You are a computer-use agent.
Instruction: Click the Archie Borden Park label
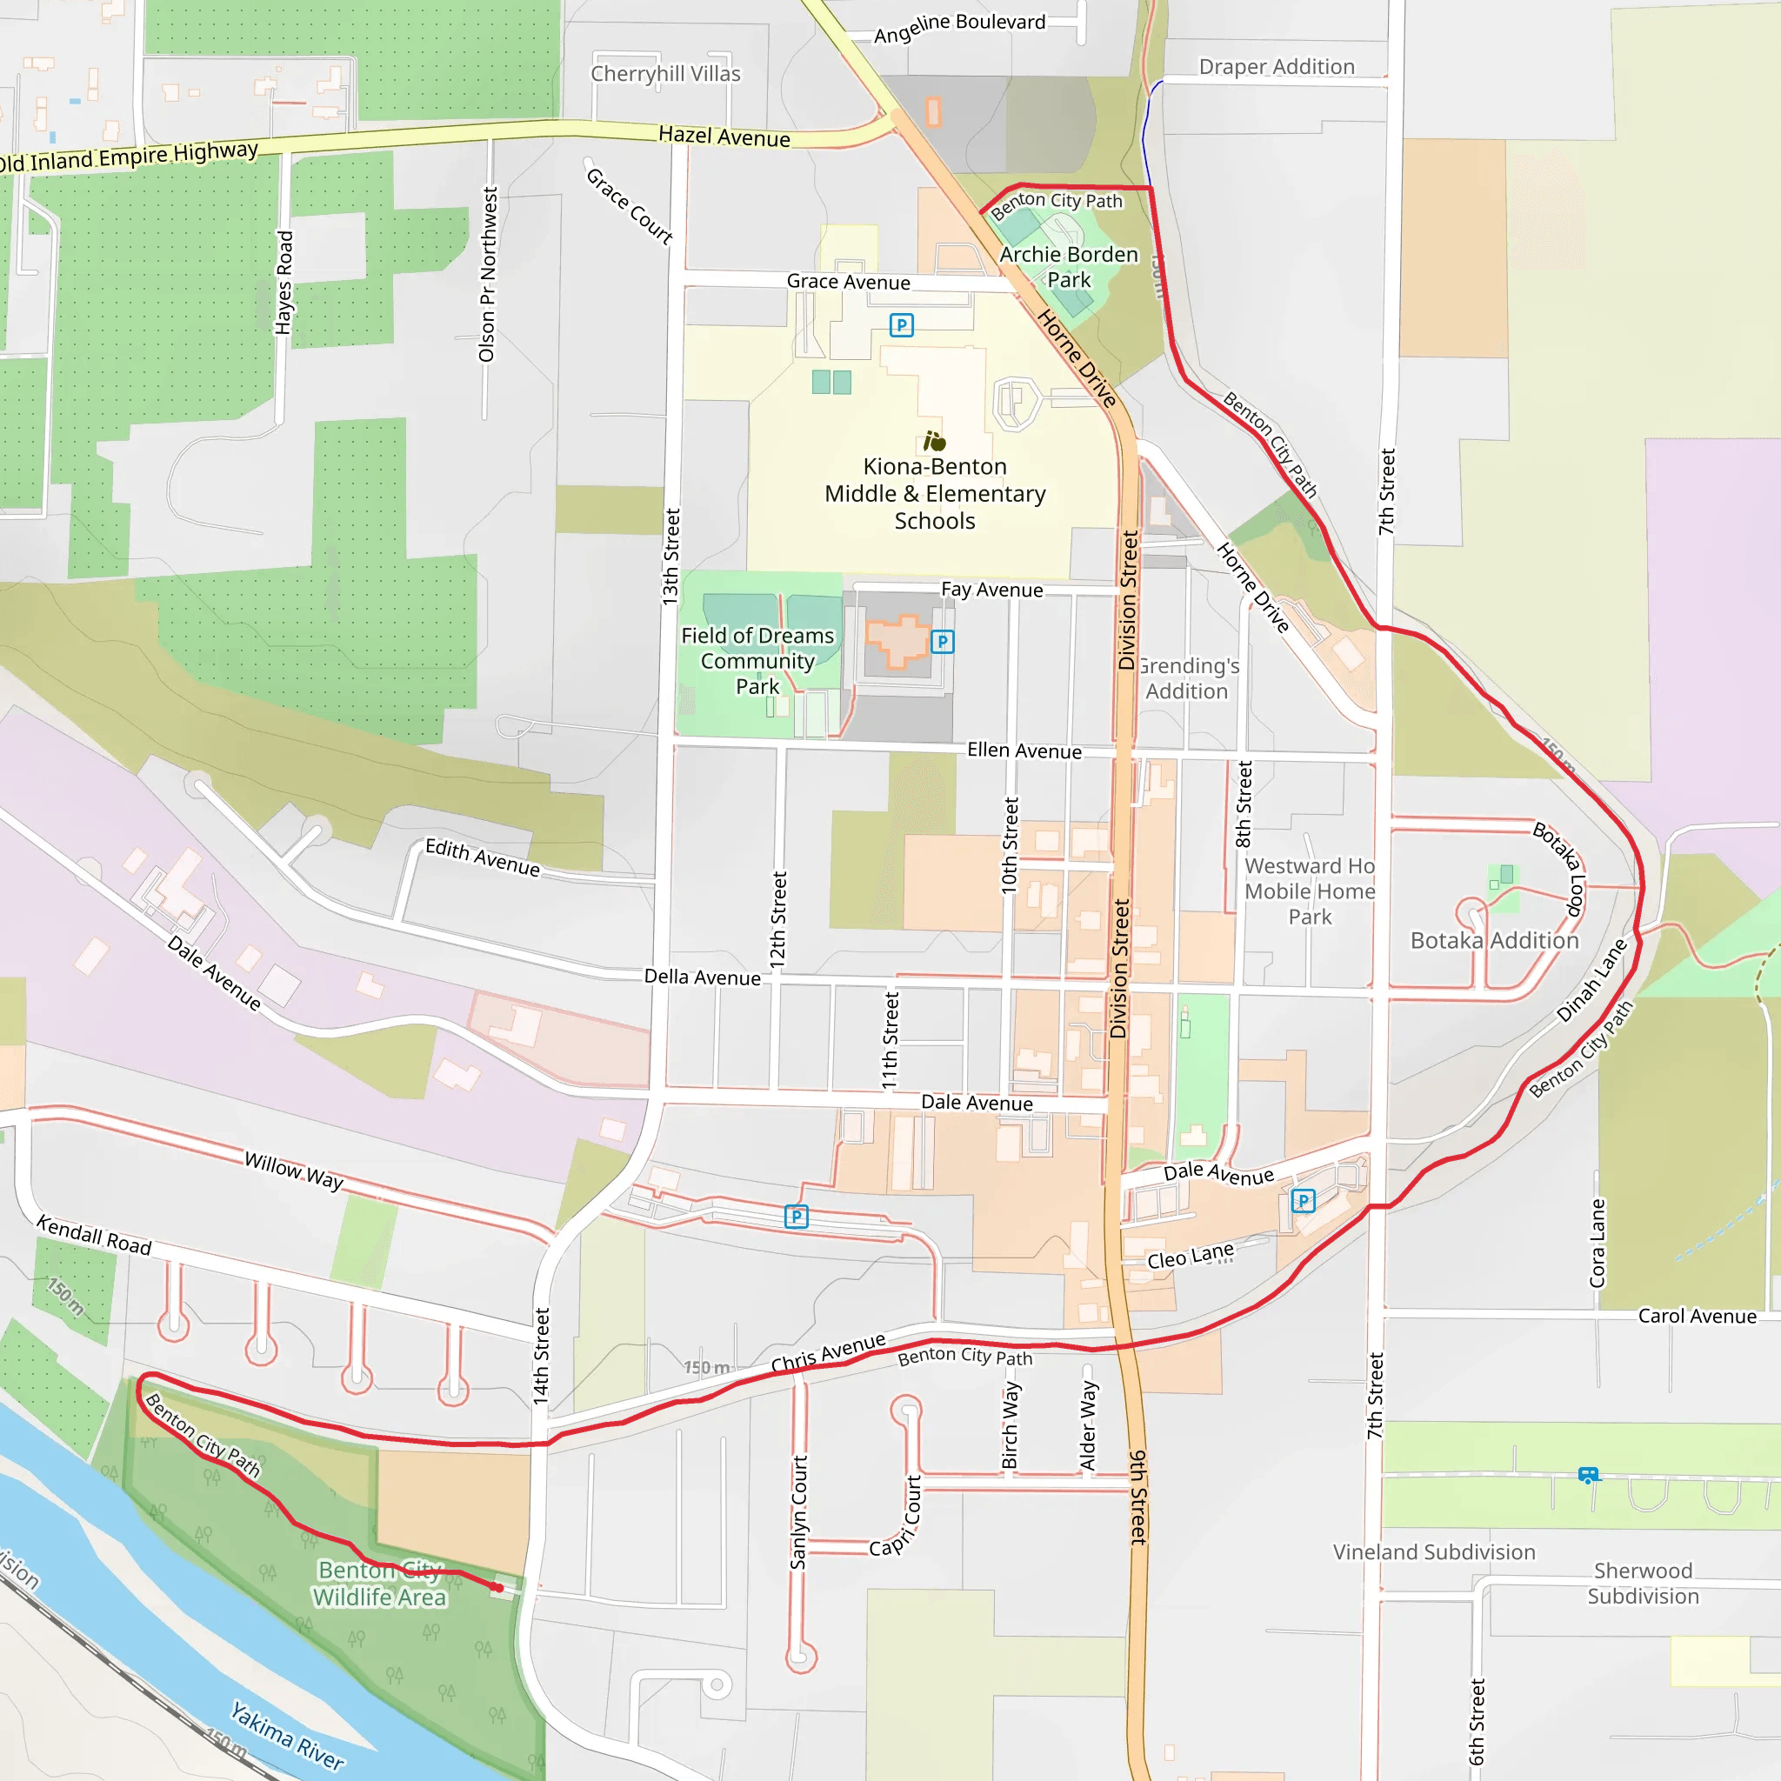coord(1069,267)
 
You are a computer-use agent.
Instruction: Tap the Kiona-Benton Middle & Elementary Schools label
coord(935,494)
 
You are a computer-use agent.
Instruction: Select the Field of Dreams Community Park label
coord(757,661)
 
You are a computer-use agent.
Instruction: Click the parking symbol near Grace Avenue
coord(902,325)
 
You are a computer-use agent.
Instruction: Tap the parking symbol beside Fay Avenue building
coord(942,642)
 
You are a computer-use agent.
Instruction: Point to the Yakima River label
coord(287,1736)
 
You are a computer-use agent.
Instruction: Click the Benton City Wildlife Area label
coord(379,1584)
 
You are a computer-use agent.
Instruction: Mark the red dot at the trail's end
coord(497,1587)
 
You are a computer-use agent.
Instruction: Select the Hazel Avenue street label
coord(724,137)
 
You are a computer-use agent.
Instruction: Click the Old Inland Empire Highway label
coord(129,157)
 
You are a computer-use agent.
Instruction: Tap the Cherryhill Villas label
coord(665,74)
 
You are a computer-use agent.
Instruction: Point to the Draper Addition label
coord(1277,67)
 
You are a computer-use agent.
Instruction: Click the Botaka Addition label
coord(1494,940)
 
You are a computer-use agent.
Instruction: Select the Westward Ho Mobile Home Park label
coord(1309,891)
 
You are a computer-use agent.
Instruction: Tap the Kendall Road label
coord(94,1235)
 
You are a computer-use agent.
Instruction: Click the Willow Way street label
coord(294,1171)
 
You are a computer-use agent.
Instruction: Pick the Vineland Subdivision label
coord(1433,1552)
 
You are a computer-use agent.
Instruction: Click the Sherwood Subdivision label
coord(1643,1584)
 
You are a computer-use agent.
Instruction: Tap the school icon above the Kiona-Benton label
coord(935,442)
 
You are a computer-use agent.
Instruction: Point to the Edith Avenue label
coord(482,857)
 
